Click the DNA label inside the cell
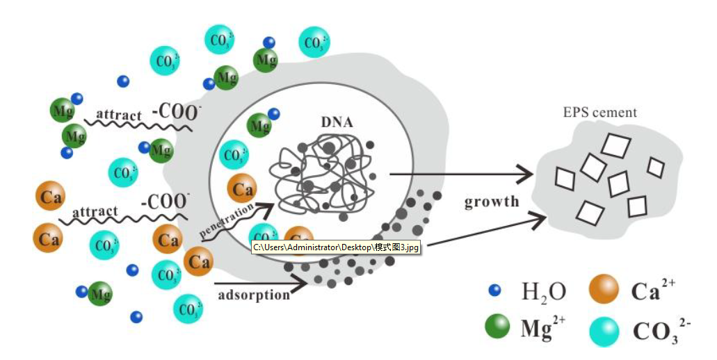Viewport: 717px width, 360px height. tap(337, 123)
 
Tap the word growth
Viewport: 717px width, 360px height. tap(492, 202)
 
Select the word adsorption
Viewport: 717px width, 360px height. tap(253, 295)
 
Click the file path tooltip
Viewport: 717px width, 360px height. tap(337, 247)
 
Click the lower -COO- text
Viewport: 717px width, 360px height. tap(165, 202)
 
